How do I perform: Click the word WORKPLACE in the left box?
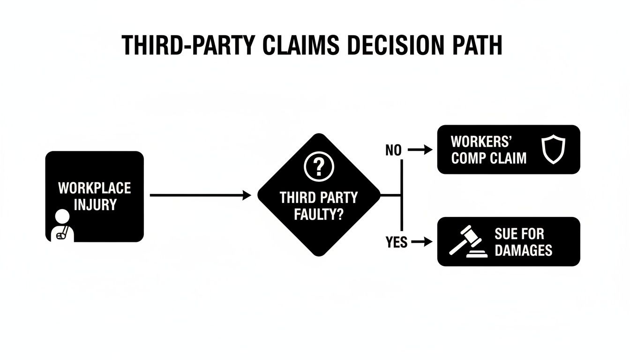pyautogui.click(x=94, y=189)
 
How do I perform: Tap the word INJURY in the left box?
pyautogui.click(x=94, y=205)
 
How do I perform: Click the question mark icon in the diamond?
pyautogui.click(x=319, y=167)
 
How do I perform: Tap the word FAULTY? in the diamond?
pyautogui.click(x=319, y=215)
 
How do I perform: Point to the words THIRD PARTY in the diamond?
pyautogui.click(x=319, y=197)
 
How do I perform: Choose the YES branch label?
pyautogui.click(x=396, y=242)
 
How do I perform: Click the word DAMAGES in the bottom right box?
pyautogui.click(x=524, y=251)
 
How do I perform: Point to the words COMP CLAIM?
pyautogui.click(x=489, y=158)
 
